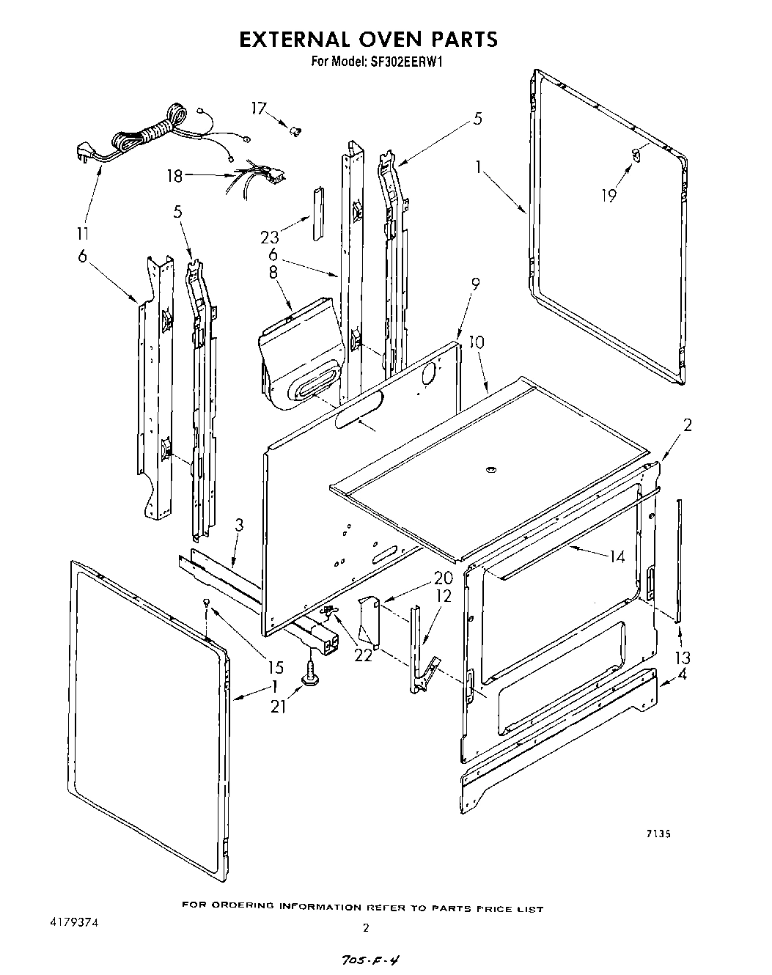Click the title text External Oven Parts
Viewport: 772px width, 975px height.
369,39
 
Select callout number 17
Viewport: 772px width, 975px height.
259,108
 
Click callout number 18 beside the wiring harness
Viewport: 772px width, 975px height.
174,176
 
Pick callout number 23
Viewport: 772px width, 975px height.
270,237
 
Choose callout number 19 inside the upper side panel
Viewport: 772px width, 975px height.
609,195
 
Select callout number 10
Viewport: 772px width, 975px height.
477,341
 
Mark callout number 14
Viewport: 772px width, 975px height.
617,557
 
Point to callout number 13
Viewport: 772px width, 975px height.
683,657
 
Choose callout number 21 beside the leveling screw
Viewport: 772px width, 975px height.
278,705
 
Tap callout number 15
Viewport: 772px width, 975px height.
275,668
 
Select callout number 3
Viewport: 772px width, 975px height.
239,525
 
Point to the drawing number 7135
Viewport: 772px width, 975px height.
659,834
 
